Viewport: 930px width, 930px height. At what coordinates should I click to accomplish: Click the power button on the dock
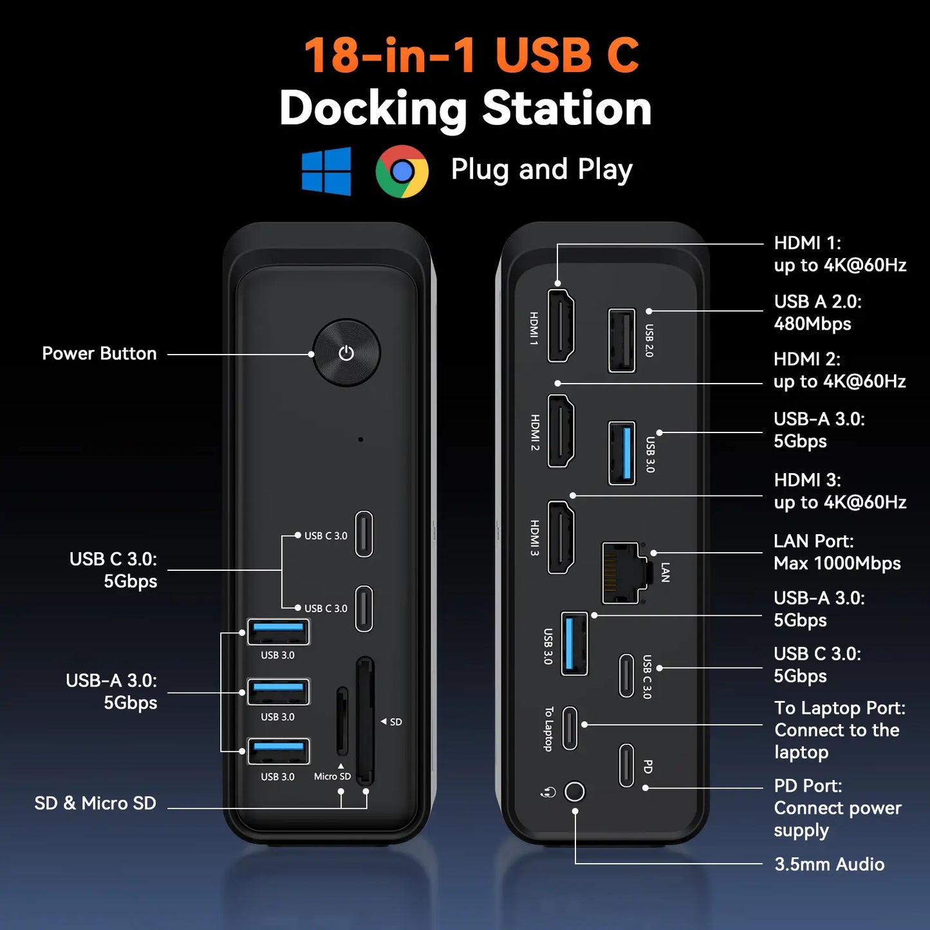tap(346, 353)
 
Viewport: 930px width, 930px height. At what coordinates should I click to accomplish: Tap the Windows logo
tap(326, 171)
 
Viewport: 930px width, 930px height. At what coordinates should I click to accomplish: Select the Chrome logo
tap(402, 171)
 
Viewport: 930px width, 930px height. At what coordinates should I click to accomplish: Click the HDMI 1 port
tap(561, 325)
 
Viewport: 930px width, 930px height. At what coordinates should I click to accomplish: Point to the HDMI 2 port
tap(561, 431)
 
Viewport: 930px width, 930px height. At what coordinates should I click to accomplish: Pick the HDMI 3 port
tap(561, 537)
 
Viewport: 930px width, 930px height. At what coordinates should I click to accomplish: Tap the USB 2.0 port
tap(622, 340)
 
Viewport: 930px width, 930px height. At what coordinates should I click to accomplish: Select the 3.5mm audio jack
tap(575, 791)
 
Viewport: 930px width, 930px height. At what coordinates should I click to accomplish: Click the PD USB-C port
tap(626, 765)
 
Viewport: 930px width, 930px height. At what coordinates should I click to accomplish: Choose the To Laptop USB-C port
tap(570, 728)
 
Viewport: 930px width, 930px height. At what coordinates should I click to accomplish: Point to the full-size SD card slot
tap(365, 721)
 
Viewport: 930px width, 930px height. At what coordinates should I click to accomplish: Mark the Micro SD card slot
tap(342, 721)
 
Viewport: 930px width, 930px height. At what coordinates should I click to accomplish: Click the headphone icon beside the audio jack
tap(548, 792)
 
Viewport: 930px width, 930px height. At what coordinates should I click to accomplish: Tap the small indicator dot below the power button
tap(360, 440)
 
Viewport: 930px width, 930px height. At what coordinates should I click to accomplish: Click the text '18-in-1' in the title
tap(389, 55)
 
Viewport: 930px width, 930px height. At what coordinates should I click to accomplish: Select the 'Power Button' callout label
tap(99, 353)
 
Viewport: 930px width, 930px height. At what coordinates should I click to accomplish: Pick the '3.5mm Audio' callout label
tap(829, 864)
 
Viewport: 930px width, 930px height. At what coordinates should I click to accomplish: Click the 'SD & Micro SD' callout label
tap(95, 803)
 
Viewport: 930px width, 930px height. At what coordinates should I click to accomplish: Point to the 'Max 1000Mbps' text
tap(837, 563)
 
